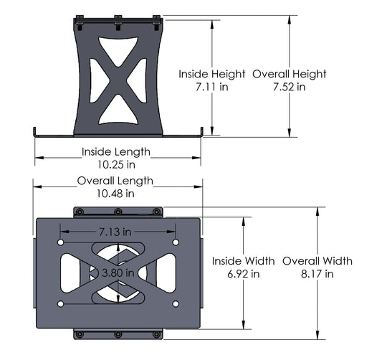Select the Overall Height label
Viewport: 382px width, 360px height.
289,74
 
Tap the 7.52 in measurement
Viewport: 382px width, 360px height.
289,87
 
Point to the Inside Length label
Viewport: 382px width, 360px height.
115,151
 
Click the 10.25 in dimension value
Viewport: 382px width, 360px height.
115,164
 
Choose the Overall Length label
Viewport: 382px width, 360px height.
115,181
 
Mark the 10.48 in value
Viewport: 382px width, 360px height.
115,194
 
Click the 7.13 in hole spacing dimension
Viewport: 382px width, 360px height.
115,232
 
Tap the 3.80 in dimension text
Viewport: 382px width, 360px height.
118,273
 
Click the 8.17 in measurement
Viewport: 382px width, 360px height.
317,273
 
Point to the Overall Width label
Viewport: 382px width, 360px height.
317,260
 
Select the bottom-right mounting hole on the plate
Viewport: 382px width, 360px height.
176,304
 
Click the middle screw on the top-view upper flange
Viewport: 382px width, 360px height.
118,212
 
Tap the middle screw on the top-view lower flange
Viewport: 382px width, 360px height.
118,335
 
